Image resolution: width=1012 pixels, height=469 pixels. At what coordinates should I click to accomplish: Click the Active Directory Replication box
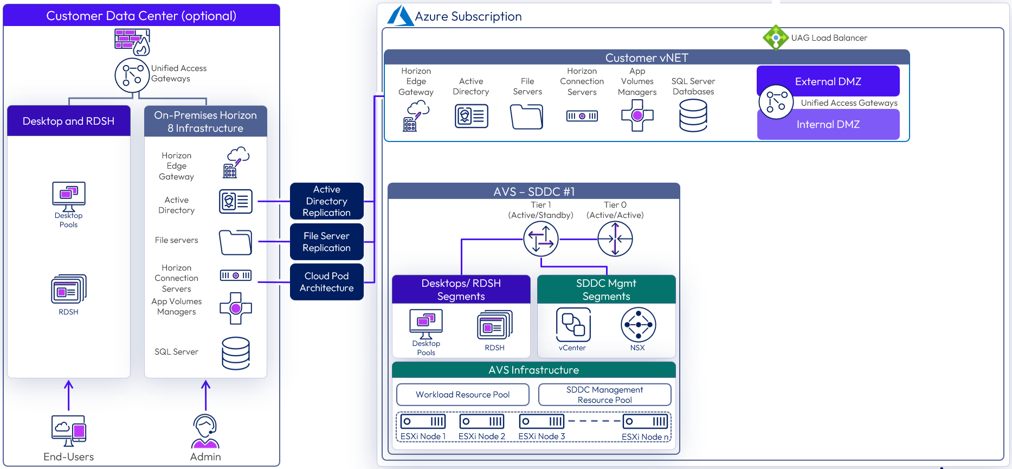click(326, 201)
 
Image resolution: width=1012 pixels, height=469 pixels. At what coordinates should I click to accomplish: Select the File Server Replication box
click(326, 242)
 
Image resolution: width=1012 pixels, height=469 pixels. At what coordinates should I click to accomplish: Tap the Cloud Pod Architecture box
click(326, 282)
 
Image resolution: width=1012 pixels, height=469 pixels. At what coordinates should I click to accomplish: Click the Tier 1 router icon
click(540, 239)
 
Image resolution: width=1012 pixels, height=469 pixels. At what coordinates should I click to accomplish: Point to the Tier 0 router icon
click(615, 239)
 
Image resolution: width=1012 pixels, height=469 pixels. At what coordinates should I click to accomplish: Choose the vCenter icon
click(573, 325)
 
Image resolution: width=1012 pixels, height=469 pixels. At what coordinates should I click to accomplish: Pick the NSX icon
click(638, 325)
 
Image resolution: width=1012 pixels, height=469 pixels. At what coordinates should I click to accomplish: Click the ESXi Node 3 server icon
click(542, 421)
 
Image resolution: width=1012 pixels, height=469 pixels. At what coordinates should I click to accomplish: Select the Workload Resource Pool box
click(462, 395)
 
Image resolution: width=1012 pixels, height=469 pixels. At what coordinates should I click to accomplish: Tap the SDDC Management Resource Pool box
click(604, 395)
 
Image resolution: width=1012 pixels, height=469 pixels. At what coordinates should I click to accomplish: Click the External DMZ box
click(828, 81)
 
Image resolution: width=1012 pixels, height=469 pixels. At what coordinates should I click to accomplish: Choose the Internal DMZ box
click(828, 125)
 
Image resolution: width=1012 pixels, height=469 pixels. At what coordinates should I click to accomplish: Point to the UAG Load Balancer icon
click(776, 37)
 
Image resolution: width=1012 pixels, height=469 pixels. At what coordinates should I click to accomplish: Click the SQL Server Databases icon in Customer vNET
click(693, 116)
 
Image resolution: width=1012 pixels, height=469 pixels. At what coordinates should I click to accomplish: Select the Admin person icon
click(205, 432)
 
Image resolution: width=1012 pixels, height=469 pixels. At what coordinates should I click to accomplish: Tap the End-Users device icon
click(69, 431)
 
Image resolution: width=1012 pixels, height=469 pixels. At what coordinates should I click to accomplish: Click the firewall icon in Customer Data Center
click(132, 42)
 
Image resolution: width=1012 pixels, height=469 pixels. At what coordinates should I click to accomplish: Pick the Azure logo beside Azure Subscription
click(401, 16)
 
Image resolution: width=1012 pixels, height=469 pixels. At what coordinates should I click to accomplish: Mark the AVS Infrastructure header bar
click(533, 370)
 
